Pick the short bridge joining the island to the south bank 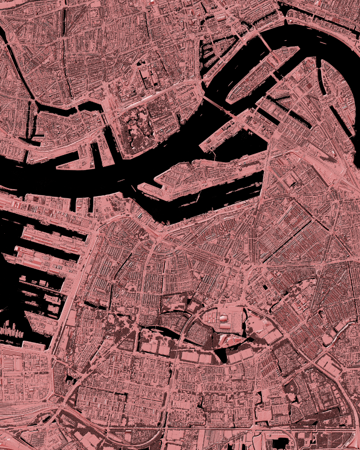click(275, 77)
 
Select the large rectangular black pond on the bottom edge click(279, 443)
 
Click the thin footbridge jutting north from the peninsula click(212, 155)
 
